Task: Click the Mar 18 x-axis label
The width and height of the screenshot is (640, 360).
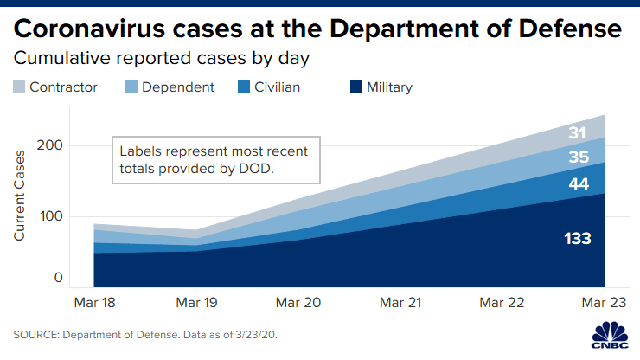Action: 95,303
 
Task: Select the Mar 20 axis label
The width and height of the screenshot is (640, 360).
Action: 300,303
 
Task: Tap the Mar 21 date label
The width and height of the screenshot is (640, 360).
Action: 400,303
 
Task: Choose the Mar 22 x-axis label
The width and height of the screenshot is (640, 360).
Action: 502,303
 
